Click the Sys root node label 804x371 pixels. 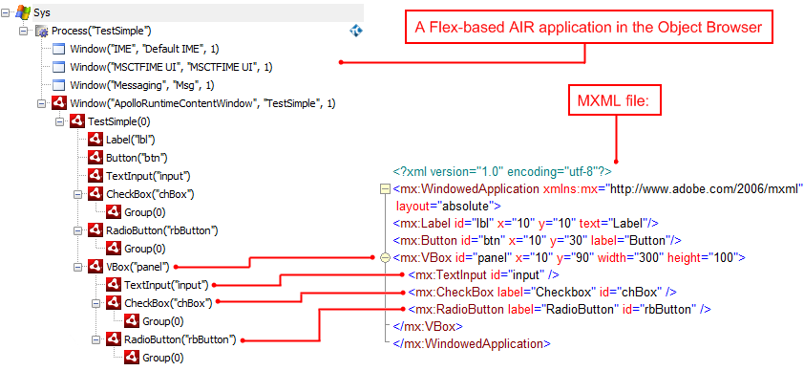(44, 13)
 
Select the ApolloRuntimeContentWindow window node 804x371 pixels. (201, 103)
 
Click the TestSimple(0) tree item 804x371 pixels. (118, 121)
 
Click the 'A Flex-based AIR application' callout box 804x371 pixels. (588, 28)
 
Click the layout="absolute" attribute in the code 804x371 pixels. (443, 206)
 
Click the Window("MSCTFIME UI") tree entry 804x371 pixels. (172, 67)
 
